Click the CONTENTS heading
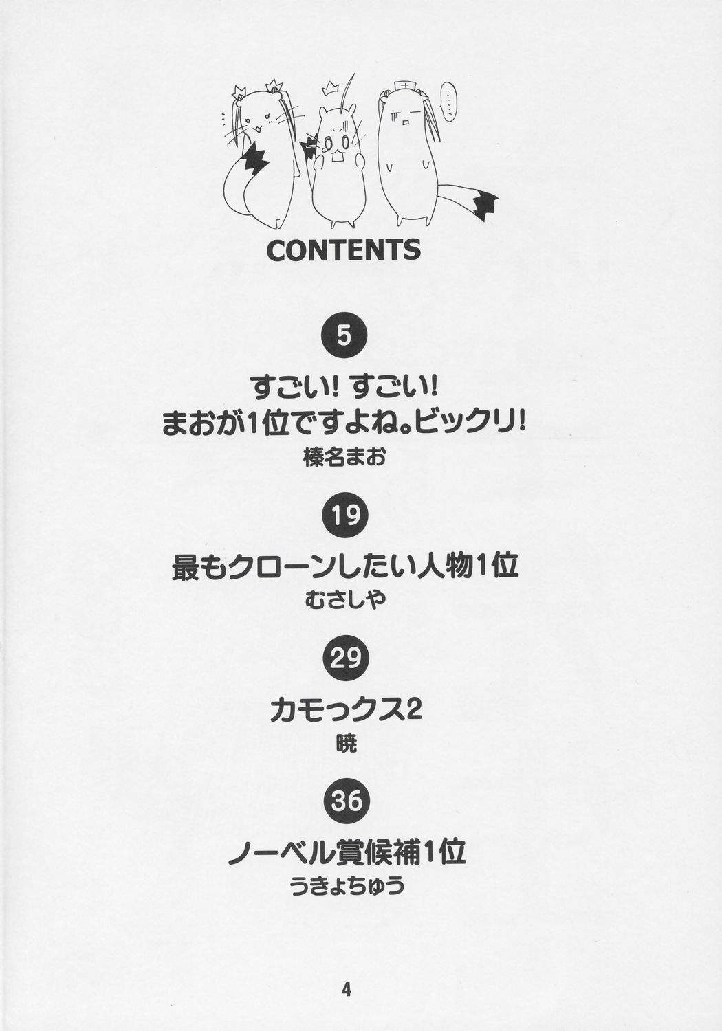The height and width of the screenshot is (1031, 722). pyautogui.click(x=344, y=250)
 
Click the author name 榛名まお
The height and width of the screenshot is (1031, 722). pyautogui.click(x=344, y=458)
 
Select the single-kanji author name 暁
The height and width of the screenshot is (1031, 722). pyautogui.click(x=347, y=742)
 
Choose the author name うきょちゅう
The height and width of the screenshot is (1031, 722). pyautogui.click(x=348, y=885)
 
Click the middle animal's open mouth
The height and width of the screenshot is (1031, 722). pyautogui.click(x=338, y=157)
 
